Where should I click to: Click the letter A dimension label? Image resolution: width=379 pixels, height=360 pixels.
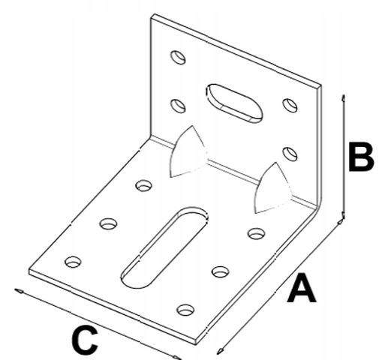(x=302, y=287)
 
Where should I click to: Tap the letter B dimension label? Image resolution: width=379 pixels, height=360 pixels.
(x=361, y=157)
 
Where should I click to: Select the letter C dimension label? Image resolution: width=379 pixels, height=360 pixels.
(x=84, y=340)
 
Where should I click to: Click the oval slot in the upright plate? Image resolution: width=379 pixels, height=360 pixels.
(x=235, y=103)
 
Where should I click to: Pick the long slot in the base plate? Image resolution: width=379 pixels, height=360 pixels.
(x=164, y=247)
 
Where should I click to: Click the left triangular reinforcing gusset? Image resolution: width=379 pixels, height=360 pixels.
(x=188, y=152)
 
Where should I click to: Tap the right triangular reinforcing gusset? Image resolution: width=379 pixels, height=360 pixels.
(x=272, y=189)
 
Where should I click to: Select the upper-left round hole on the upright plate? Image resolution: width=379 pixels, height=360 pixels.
(x=178, y=57)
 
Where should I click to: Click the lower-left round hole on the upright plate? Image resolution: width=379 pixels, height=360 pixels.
(x=178, y=106)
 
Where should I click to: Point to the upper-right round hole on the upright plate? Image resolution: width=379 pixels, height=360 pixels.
(x=290, y=105)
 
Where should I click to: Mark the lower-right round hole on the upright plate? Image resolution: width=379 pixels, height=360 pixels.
(x=290, y=154)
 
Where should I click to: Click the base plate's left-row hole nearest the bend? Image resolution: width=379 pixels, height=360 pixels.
(x=144, y=185)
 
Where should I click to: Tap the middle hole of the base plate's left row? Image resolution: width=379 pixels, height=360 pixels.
(x=109, y=223)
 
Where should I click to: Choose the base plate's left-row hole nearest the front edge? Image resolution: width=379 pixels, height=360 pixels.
(x=73, y=262)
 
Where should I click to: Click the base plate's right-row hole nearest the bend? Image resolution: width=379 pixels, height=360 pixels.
(x=257, y=233)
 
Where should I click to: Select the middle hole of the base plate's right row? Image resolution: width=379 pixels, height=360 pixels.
(x=221, y=271)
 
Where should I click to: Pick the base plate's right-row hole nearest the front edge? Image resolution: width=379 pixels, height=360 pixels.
(x=185, y=310)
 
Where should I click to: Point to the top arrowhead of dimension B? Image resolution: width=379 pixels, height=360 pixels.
(x=344, y=98)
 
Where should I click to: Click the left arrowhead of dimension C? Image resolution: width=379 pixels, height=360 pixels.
(x=19, y=291)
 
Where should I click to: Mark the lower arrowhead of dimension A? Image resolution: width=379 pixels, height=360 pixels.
(x=221, y=351)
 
